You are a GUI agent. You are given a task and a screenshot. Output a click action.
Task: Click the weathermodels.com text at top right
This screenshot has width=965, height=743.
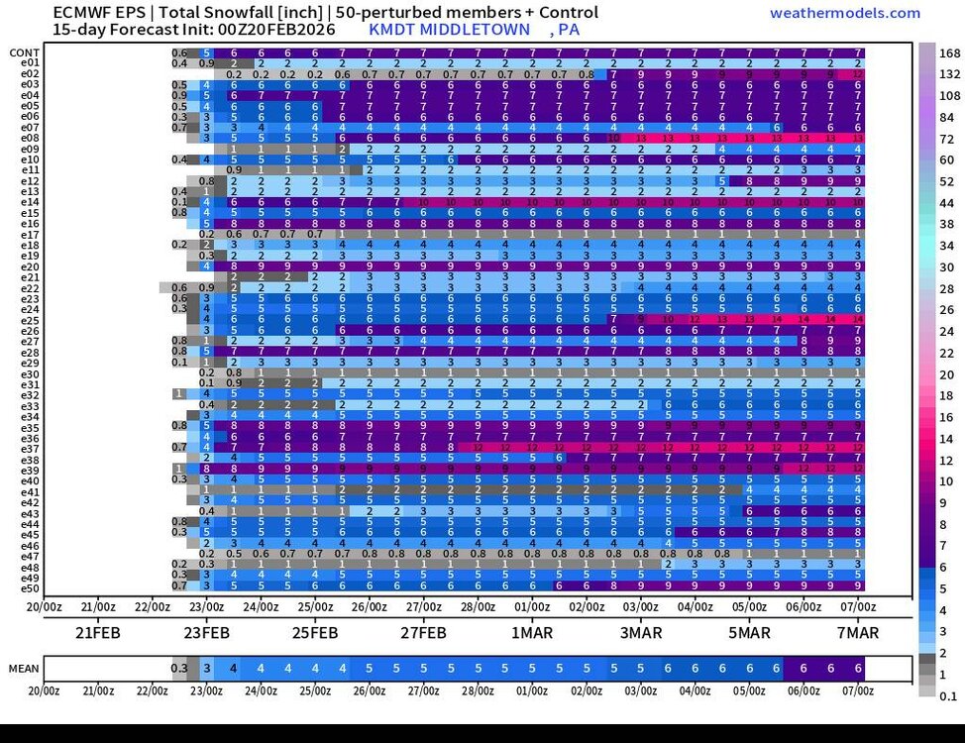tap(844, 13)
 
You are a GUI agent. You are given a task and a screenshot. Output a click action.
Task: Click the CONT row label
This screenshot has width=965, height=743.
tap(25, 53)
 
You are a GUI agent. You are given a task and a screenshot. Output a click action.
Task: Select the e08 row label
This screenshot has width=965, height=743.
tap(29, 138)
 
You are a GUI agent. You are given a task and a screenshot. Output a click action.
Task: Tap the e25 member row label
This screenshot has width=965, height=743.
tap(29, 320)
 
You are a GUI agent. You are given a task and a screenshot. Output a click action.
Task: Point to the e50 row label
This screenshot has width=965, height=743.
tap(29, 588)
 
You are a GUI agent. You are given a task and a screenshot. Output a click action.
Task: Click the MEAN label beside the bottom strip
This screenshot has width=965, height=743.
tap(24, 669)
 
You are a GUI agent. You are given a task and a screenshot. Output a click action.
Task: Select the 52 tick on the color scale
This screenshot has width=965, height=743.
tap(947, 181)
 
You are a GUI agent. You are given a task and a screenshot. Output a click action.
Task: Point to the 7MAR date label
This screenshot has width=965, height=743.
tap(858, 632)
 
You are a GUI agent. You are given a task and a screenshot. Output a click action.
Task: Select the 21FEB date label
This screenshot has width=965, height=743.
tap(98, 632)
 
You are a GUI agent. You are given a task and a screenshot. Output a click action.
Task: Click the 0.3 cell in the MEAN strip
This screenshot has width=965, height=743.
tap(179, 669)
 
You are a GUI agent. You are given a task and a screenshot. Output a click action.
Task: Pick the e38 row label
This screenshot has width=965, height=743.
tap(29, 460)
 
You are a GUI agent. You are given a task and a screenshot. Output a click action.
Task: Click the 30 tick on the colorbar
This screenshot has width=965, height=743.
tap(947, 266)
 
